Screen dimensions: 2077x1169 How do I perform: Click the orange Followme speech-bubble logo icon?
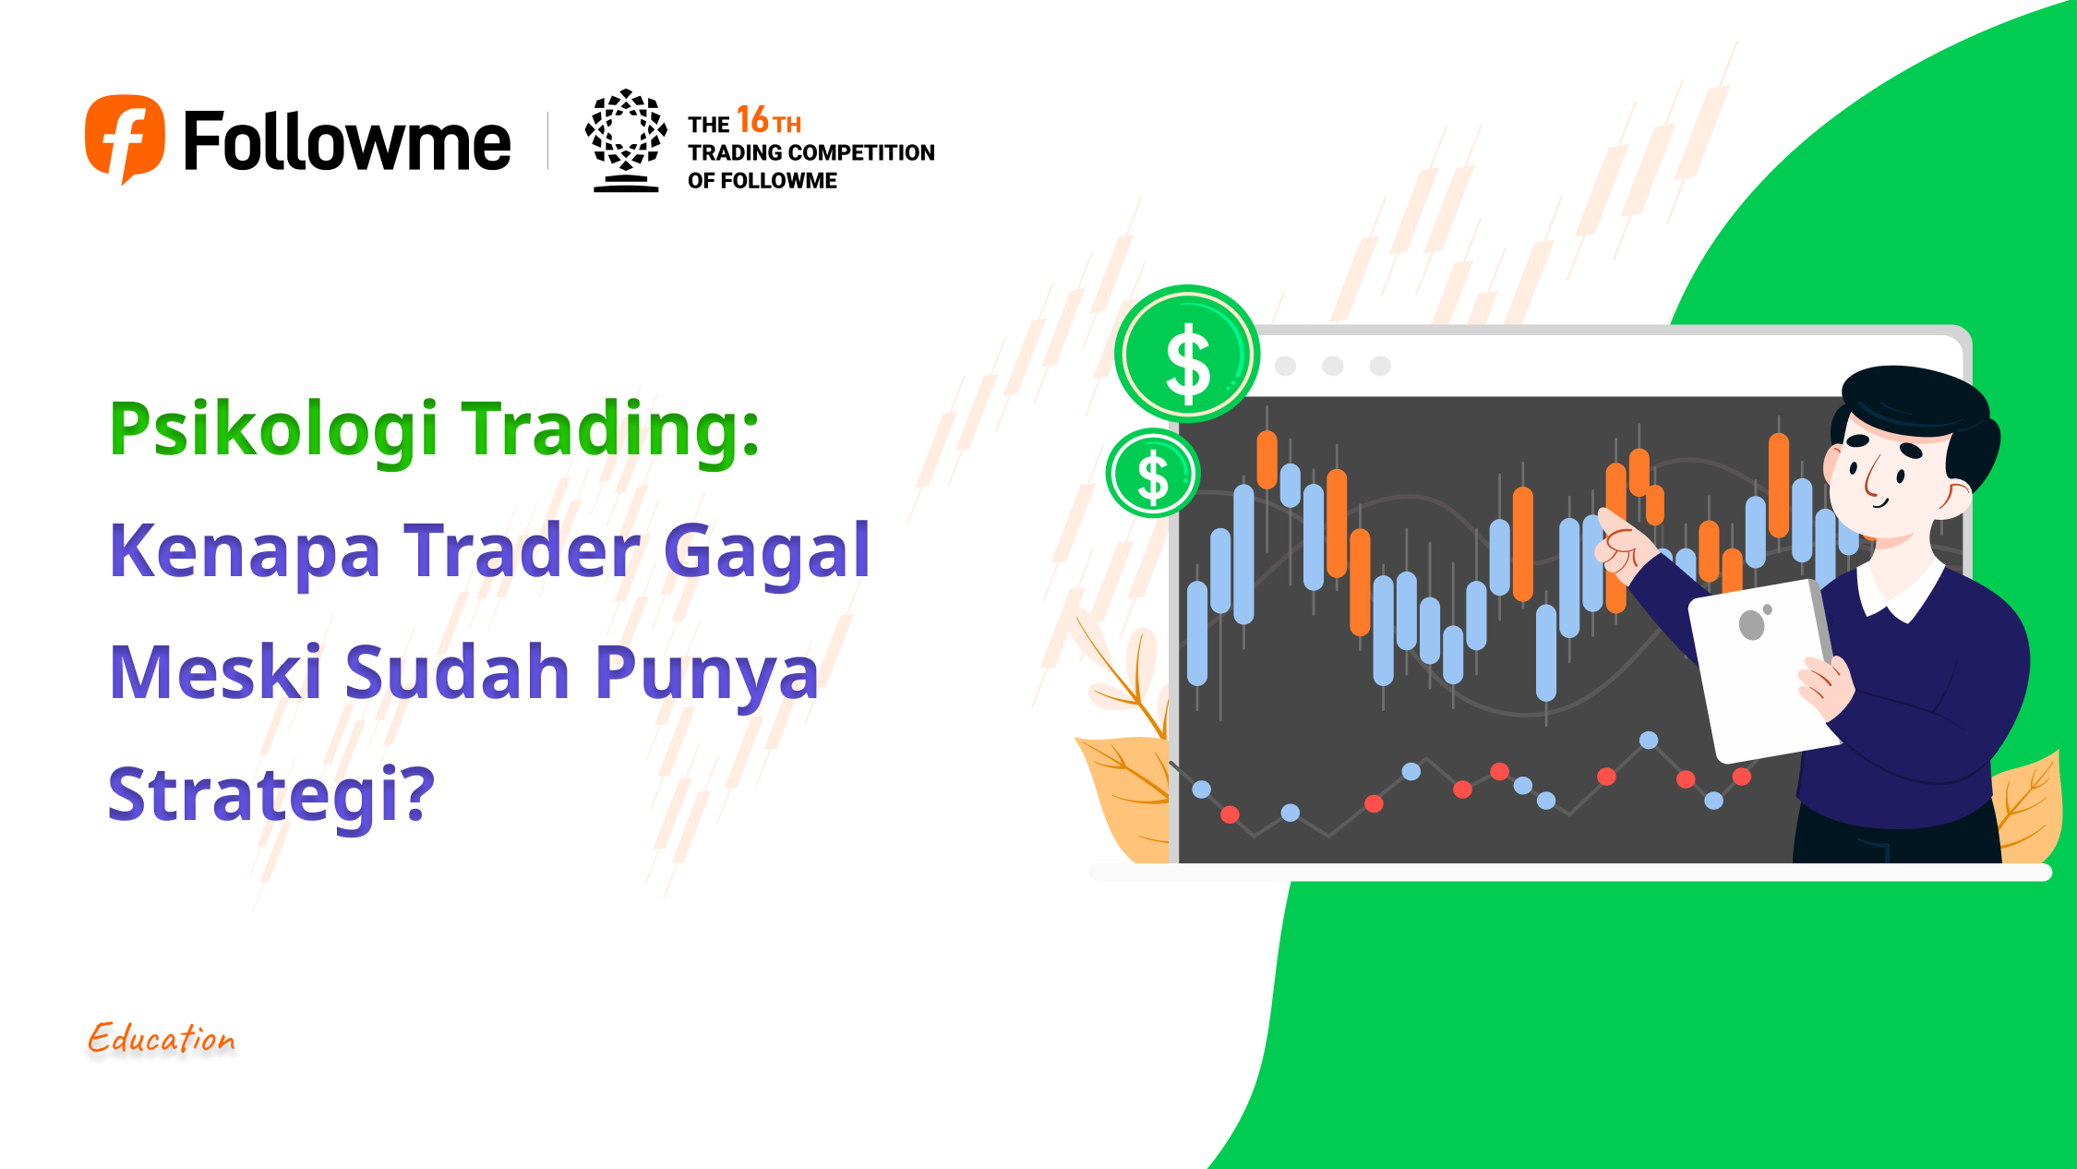[x=125, y=139]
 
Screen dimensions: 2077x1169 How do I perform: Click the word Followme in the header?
[x=347, y=140]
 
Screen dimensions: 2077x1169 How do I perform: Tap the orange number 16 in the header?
[x=752, y=120]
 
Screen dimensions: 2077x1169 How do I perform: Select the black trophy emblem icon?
[x=626, y=140]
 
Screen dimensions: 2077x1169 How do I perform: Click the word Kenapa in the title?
[x=245, y=551]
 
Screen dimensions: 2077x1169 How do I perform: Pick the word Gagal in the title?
[x=766, y=550]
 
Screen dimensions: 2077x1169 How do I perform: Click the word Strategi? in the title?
[x=271, y=793]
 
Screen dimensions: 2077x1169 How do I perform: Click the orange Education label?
[x=162, y=1038]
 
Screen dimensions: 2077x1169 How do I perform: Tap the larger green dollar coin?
[x=1187, y=354]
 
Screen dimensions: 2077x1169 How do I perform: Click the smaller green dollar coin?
[x=1153, y=473]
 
